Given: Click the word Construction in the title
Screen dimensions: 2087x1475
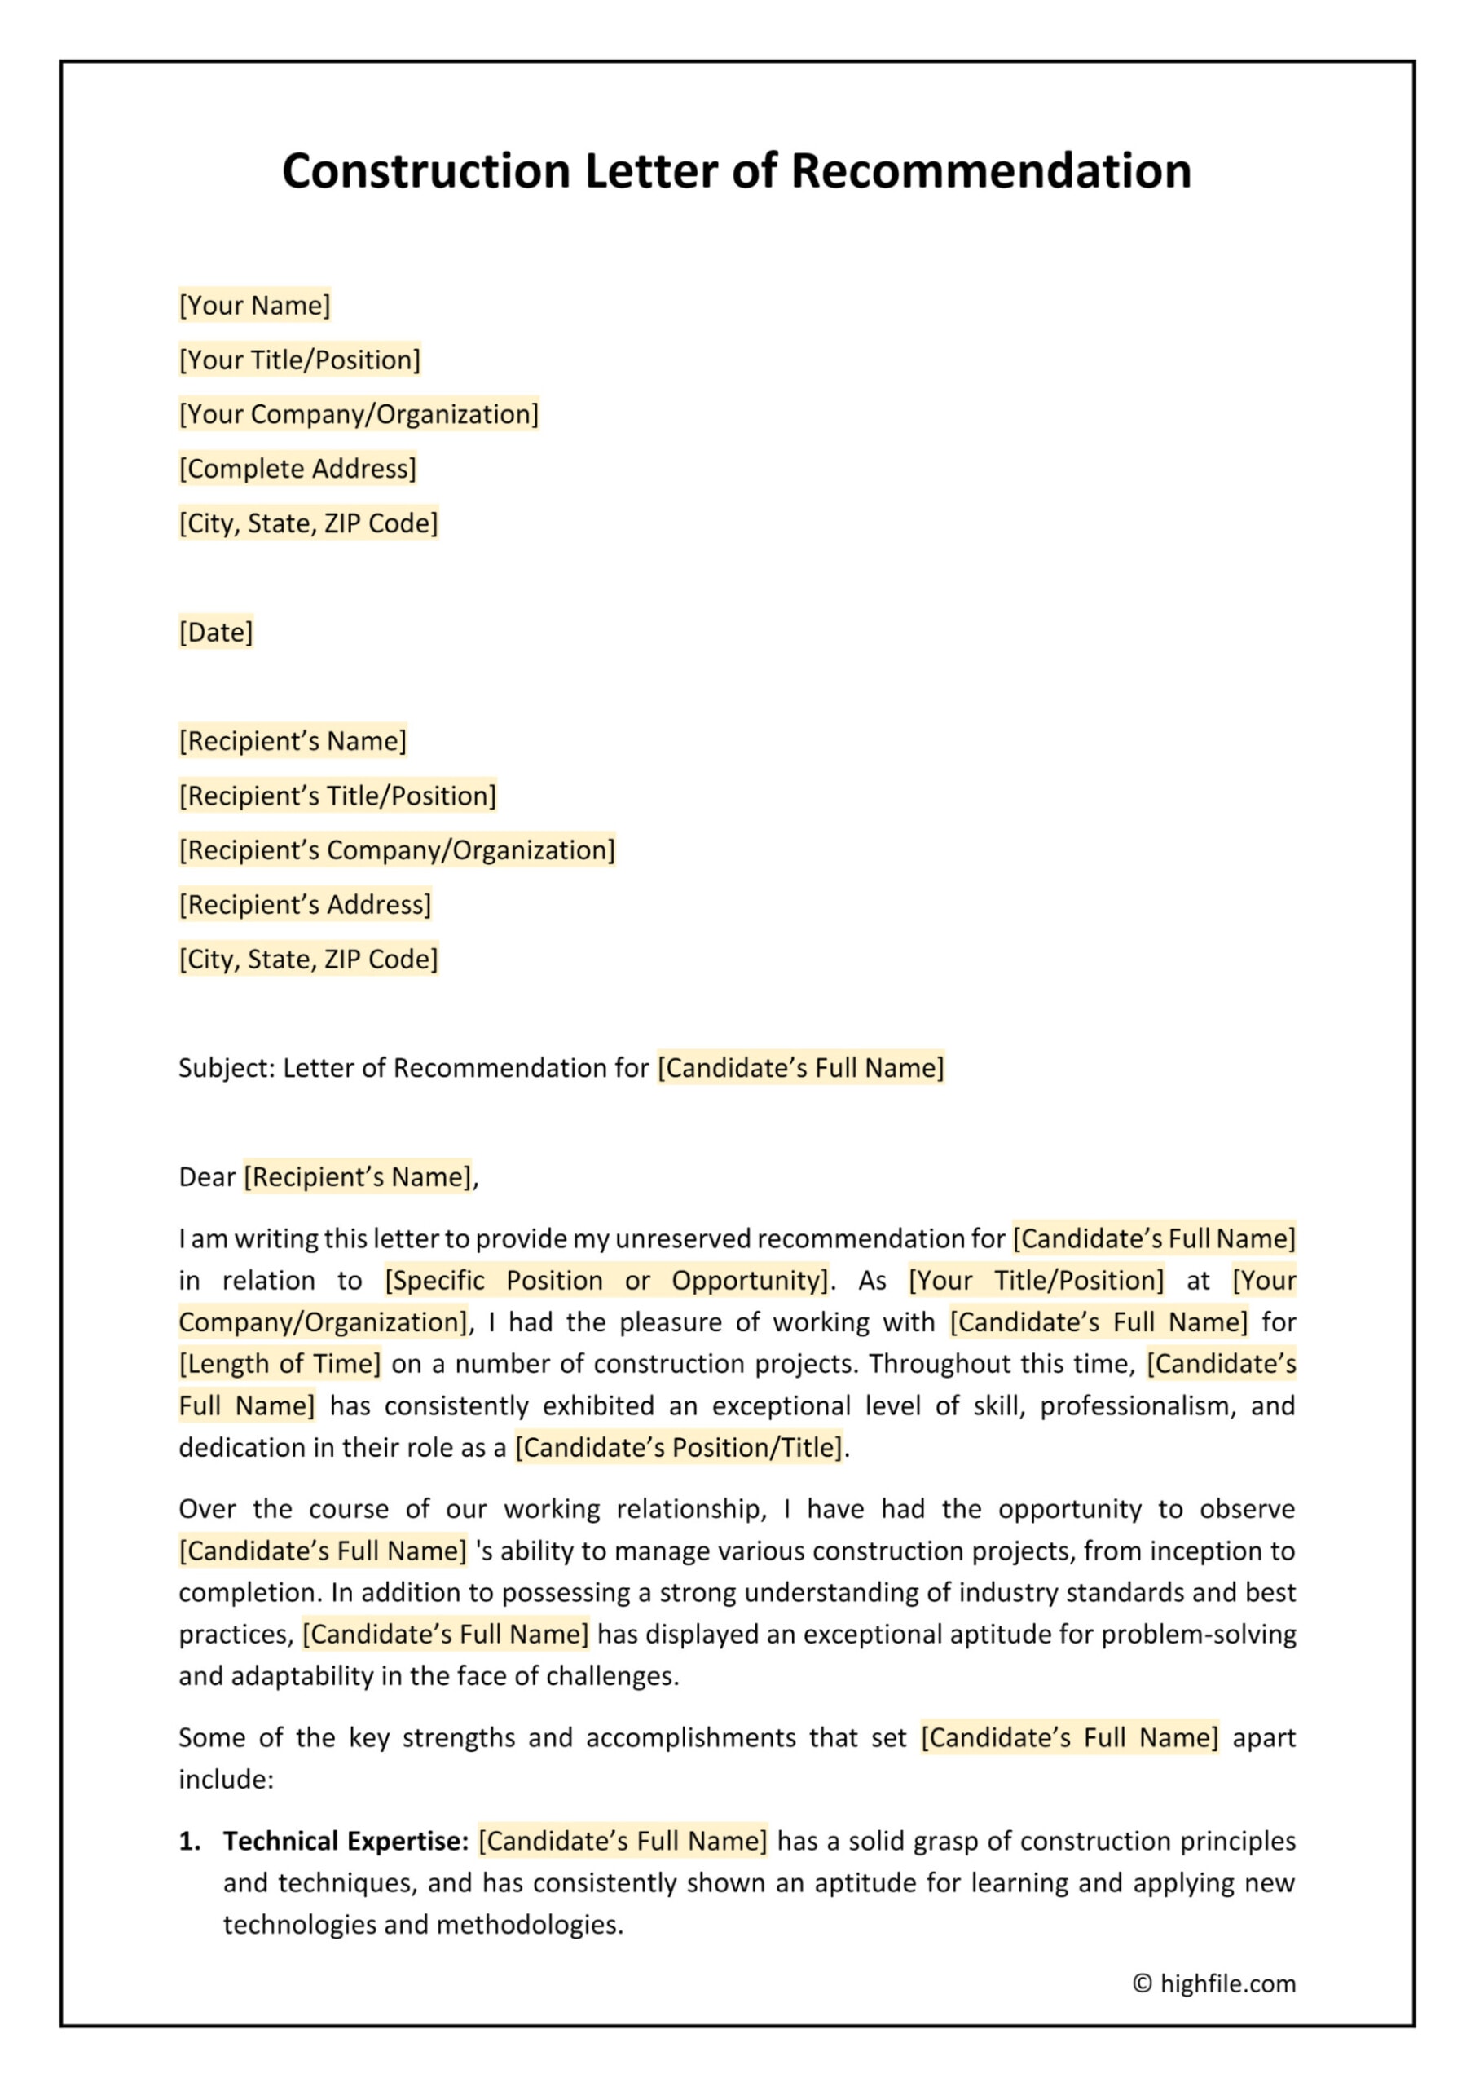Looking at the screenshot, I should click(425, 171).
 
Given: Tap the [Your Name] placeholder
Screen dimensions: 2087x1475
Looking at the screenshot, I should click(254, 306).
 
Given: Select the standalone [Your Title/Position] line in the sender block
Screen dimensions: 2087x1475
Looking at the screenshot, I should click(300, 360).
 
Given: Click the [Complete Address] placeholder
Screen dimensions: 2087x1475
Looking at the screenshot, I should click(297, 469).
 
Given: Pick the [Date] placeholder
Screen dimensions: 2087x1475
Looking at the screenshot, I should click(215, 633).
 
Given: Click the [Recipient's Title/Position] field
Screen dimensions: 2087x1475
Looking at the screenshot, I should click(337, 796).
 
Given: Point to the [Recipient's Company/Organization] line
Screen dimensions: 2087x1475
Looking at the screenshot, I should click(396, 851).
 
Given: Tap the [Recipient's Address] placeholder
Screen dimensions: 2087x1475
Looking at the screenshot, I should click(305, 906).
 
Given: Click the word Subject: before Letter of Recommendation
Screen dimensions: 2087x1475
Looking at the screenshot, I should click(227, 1068).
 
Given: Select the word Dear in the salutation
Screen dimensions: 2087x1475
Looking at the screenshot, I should click(207, 1177).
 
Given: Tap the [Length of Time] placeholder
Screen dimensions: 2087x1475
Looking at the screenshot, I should click(280, 1365).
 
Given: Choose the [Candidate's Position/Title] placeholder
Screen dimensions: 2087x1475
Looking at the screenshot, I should click(679, 1448).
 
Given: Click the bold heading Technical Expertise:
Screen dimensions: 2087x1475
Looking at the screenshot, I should click(346, 1842).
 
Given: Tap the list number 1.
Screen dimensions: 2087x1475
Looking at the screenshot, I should click(189, 1842).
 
